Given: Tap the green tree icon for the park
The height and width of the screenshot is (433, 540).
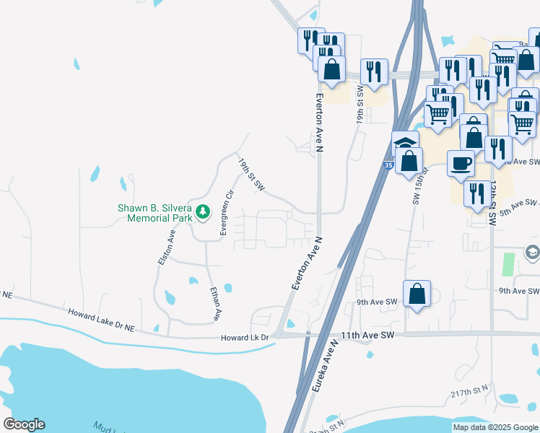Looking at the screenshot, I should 204,212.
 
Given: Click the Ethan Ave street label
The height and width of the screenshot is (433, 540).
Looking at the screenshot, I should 214,305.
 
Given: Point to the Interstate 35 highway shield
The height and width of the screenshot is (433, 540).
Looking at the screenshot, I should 388,166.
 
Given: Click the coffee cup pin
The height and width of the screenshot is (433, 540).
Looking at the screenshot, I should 460,163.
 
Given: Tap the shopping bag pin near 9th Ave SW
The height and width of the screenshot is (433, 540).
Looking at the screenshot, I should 417,294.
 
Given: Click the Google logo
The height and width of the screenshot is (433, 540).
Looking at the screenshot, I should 24,424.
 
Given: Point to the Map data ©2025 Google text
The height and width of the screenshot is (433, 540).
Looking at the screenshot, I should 495,427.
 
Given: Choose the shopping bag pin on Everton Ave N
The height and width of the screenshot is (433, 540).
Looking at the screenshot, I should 331,69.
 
